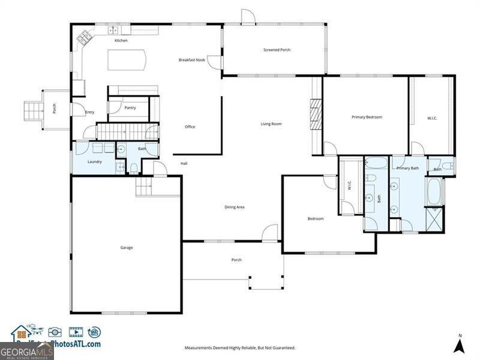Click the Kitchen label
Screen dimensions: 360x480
coord(121,40)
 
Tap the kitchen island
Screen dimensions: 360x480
coord(127,61)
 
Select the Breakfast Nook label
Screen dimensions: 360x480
coord(192,60)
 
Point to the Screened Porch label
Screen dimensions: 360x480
coord(277,50)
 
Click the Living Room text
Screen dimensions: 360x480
coord(271,124)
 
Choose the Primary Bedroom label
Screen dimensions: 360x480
coord(367,117)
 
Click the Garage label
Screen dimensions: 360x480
coord(126,248)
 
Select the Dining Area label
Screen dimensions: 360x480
coord(234,207)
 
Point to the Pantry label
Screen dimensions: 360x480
coord(130,108)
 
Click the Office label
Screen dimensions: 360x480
coord(190,127)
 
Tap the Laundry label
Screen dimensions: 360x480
coord(94,161)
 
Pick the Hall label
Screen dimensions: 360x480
coord(184,163)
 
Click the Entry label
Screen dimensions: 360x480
coord(89,112)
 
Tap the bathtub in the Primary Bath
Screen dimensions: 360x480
coord(433,191)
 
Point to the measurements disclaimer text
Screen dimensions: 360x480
coord(239,347)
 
